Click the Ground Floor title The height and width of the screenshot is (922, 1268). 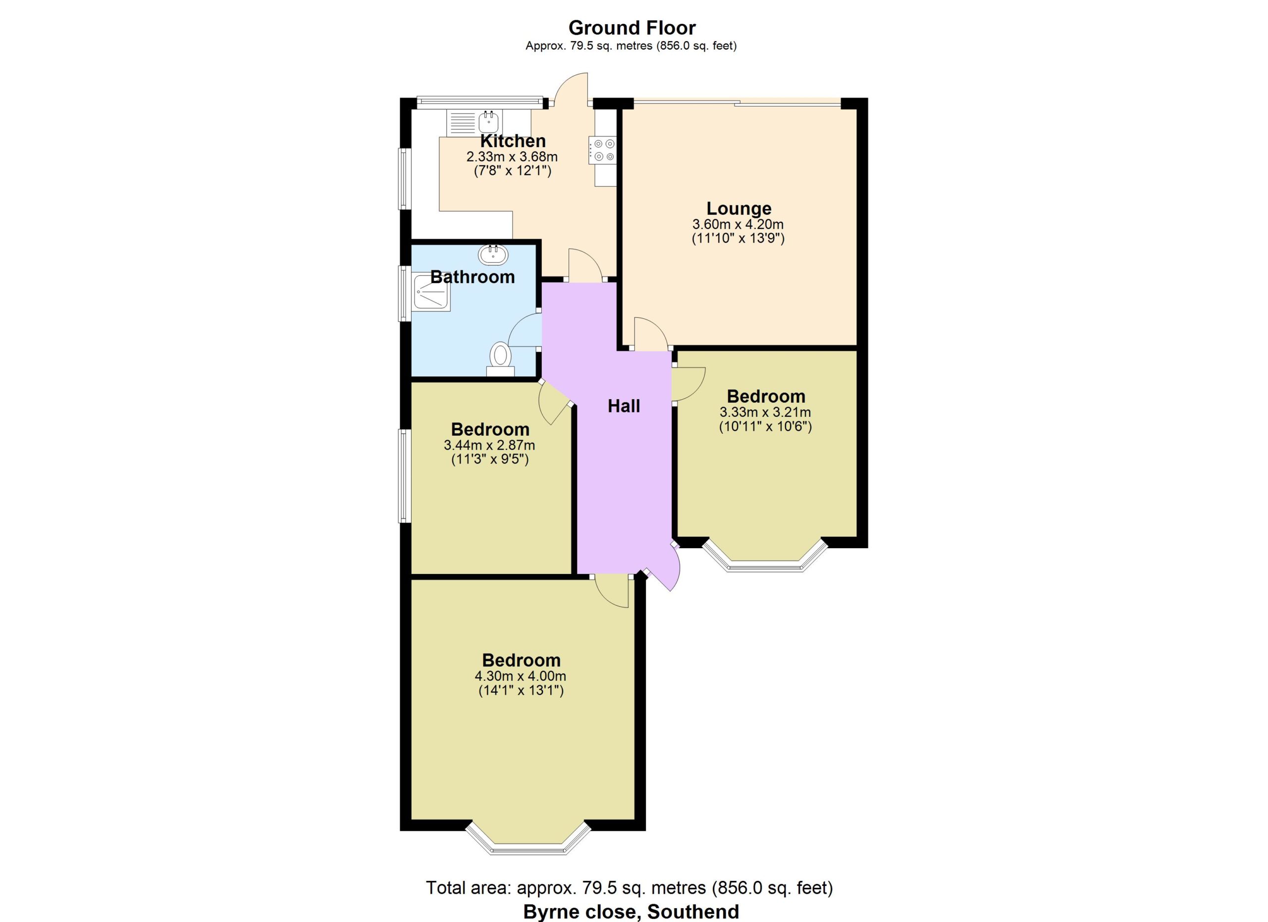(x=632, y=27)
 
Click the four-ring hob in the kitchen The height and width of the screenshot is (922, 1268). (x=603, y=151)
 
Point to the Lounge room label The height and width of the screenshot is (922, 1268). (x=739, y=208)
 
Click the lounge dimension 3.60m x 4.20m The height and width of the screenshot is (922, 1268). (x=738, y=225)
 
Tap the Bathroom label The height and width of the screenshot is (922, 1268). (x=473, y=277)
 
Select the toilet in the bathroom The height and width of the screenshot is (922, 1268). (x=500, y=359)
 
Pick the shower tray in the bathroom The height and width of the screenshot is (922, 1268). (x=431, y=292)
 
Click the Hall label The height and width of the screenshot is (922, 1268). (x=624, y=406)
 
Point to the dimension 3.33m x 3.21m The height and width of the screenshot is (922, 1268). (x=765, y=413)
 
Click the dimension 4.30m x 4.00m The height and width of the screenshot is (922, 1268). (x=521, y=676)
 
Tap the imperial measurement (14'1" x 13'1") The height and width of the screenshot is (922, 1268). (x=521, y=691)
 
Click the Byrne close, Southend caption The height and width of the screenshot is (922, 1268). (x=631, y=912)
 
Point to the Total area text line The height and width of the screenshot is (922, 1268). (x=630, y=887)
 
